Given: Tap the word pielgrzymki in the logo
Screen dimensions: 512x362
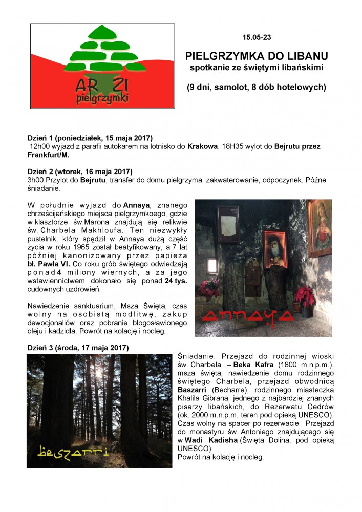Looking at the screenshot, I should tap(102, 97).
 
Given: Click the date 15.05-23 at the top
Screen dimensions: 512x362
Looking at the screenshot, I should tap(256, 38).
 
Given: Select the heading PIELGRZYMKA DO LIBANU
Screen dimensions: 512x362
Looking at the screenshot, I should tap(257, 55).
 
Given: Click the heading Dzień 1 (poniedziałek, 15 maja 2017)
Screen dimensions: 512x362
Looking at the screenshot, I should tap(90, 138).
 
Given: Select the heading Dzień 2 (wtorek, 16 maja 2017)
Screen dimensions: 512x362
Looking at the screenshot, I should tap(79, 170).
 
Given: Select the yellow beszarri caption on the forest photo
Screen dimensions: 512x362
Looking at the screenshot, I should tap(73, 451).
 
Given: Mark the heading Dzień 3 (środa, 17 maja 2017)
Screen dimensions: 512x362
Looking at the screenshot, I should tap(78, 348).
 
